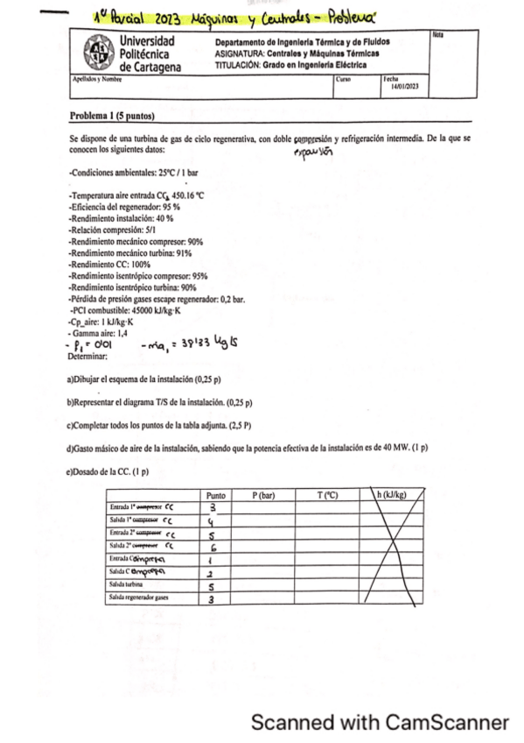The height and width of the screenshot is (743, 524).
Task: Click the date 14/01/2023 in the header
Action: point(406,87)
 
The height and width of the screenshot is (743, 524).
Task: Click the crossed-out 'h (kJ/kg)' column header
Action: point(391,495)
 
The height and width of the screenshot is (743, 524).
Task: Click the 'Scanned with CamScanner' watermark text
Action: point(380,723)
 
